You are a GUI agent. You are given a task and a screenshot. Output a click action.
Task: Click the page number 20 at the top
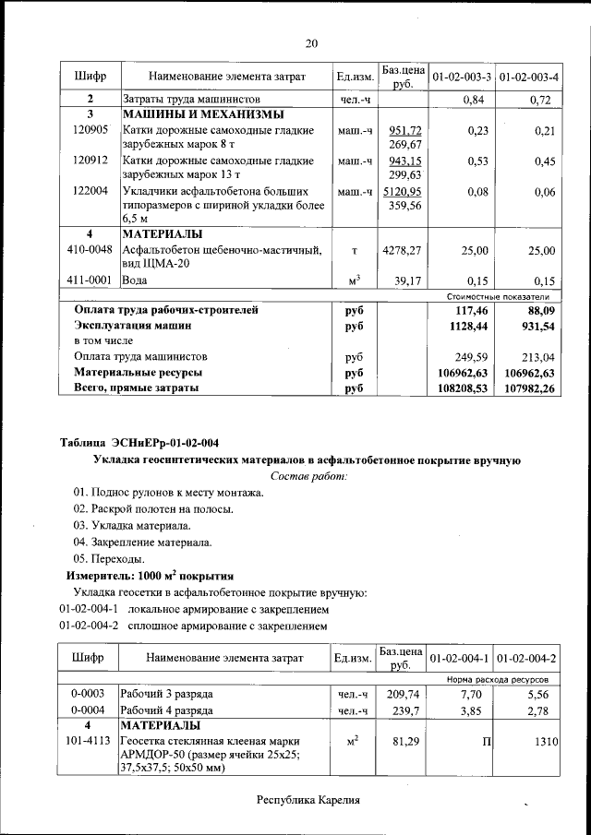pos(311,43)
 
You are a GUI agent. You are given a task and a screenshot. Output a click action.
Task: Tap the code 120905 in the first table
pos(90,131)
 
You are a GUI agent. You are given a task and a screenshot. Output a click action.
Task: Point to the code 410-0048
pos(90,250)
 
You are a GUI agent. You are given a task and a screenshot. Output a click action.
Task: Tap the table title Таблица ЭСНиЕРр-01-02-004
pos(139,442)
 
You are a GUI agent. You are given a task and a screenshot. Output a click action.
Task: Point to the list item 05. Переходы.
pos(109,558)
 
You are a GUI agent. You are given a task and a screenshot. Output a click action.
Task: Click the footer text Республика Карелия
pos(308,800)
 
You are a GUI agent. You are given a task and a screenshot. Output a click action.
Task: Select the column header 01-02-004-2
pos(526,659)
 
